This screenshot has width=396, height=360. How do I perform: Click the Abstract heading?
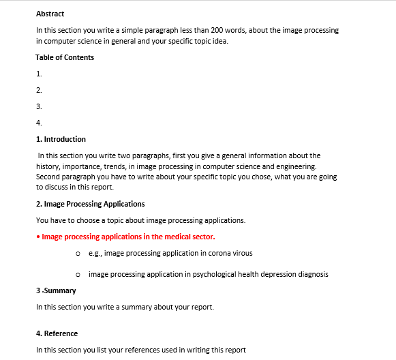point(50,14)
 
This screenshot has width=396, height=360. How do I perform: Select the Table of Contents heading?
point(65,57)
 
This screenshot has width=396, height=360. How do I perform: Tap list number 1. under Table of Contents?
point(39,74)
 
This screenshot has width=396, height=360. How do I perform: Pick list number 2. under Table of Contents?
point(39,90)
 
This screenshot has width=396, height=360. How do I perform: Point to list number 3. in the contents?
point(39,106)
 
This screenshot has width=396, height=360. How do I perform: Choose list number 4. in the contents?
point(39,123)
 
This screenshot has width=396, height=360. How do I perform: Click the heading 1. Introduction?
point(61,139)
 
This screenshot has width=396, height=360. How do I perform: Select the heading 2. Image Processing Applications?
point(90,204)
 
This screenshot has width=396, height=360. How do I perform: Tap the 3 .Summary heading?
point(56,290)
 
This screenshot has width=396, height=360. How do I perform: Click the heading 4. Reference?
point(57,333)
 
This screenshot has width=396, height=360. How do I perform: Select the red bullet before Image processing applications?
point(37,237)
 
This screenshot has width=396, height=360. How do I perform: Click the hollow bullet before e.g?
point(80,254)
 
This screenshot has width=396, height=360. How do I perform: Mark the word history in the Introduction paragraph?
point(50,166)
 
